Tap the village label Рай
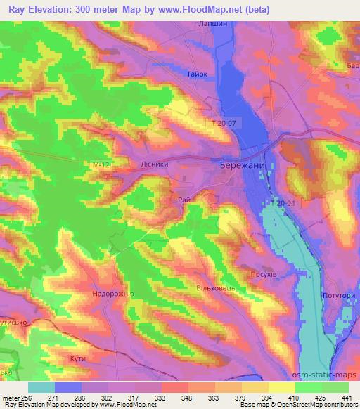[x=184, y=200]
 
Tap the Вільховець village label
[x=214, y=289]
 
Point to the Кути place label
[x=78, y=358]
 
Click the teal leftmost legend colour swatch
[x=41, y=387]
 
